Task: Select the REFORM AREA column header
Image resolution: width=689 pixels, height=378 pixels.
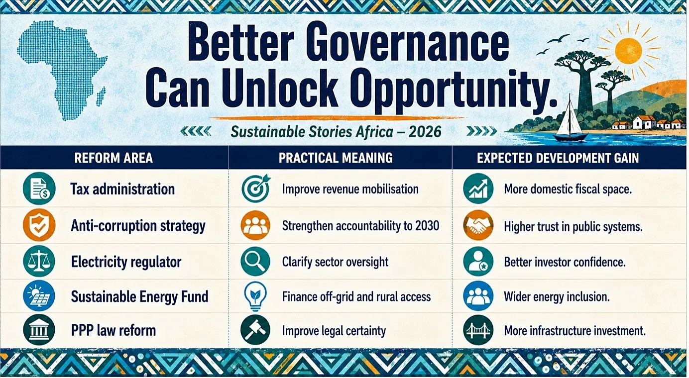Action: pos(114,158)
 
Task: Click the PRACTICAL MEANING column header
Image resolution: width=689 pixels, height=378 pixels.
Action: pos(336,158)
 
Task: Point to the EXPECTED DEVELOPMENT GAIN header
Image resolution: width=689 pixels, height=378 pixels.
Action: pos(558,158)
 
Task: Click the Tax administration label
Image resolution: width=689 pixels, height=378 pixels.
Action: pos(122,189)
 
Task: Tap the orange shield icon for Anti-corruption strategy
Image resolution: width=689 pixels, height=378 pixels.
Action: pos(39,225)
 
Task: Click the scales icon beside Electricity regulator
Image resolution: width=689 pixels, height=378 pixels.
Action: pos(39,262)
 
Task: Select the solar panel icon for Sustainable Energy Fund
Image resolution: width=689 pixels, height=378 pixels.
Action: pos(39,296)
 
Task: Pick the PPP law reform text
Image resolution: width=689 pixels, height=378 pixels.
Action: pos(114,330)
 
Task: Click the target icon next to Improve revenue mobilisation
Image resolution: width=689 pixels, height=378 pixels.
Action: pos(255,188)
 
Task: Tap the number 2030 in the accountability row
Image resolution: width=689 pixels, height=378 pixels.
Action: pos(427,226)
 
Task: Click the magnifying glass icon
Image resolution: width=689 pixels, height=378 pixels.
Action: pos(255,262)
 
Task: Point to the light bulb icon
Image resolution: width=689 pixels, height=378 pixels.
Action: pos(255,296)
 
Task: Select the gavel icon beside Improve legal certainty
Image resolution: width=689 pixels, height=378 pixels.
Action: pos(255,330)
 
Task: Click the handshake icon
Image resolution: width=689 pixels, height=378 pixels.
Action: pos(478,226)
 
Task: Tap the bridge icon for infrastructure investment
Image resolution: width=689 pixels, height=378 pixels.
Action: pos(478,330)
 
